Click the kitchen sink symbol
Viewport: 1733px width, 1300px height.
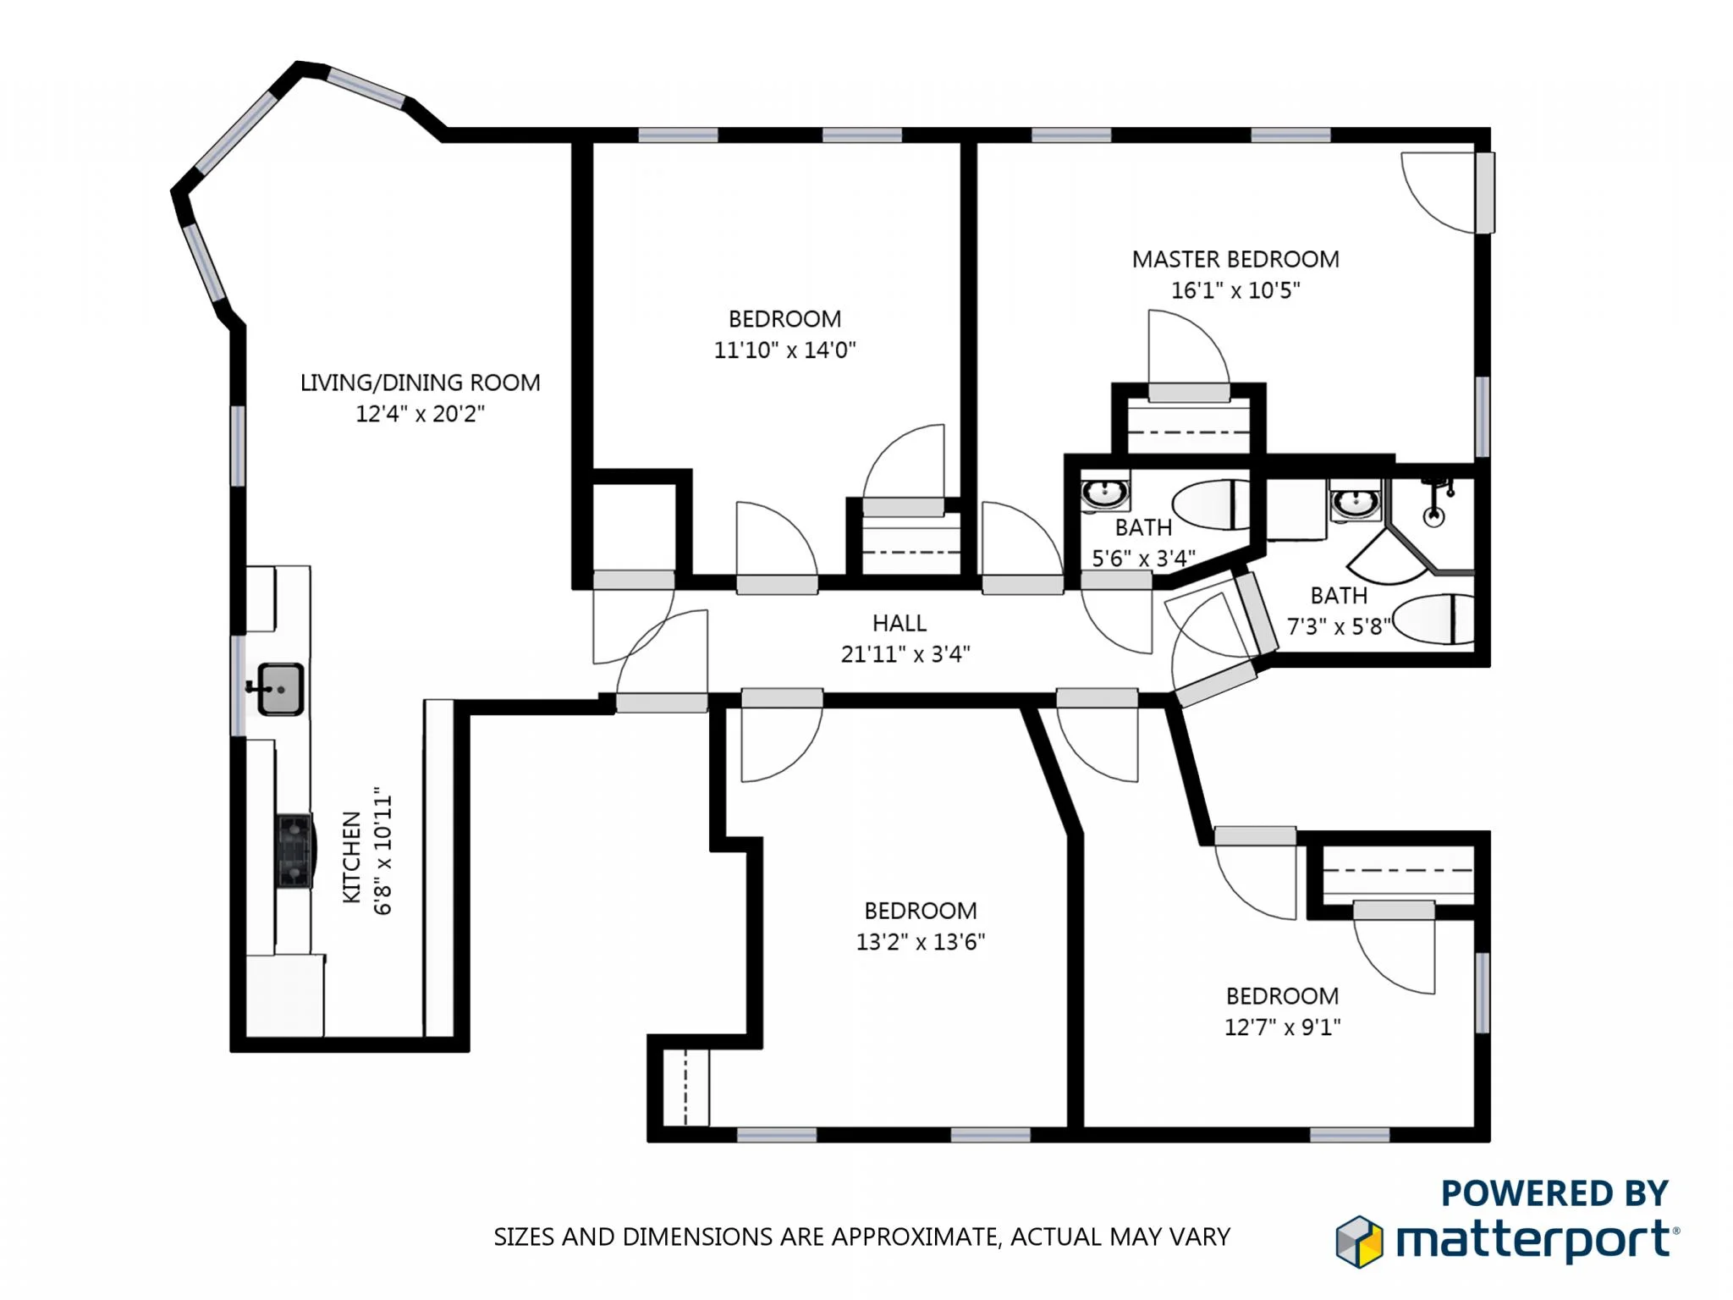(x=279, y=688)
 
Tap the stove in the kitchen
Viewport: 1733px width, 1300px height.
(x=294, y=851)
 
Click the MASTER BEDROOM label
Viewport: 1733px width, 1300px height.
(x=1235, y=259)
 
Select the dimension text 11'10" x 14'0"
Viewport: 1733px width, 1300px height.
(x=784, y=350)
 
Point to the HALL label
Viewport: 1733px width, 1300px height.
(x=900, y=623)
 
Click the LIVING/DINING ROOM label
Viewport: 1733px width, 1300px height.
(x=420, y=383)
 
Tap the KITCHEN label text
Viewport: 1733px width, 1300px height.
(x=352, y=857)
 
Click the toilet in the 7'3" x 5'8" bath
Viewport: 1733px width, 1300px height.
(x=1433, y=620)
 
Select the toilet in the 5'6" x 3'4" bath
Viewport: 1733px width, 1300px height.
(x=1212, y=504)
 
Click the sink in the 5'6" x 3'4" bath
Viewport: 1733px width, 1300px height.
(x=1104, y=492)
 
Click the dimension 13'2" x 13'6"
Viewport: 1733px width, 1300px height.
(x=921, y=942)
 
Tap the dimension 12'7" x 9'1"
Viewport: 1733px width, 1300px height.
(x=1282, y=1027)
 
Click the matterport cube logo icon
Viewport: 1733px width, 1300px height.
(x=1359, y=1242)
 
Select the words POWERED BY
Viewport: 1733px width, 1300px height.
(x=1554, y=1193)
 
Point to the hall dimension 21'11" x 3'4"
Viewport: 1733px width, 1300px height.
(x=905, y=654)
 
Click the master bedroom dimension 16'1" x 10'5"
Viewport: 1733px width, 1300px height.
(x=1235, y=290)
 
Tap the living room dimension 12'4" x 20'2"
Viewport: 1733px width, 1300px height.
(x=420, y=414)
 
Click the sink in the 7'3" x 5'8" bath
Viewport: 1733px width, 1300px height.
(x=1355, y=504)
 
